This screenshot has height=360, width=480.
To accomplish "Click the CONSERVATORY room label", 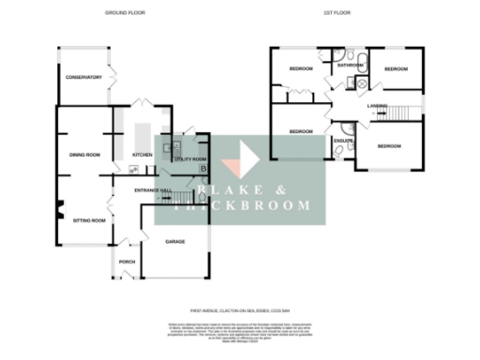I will (83, 77).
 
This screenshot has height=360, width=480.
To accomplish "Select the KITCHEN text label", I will (142, 155).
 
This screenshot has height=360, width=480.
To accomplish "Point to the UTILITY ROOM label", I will (190, 159).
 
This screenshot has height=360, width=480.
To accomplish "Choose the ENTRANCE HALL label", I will (153, 190).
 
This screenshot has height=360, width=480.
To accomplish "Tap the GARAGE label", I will (174, 242).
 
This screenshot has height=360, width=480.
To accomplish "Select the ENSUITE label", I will (342, 141).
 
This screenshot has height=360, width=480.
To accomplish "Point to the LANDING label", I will (378, 106).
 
